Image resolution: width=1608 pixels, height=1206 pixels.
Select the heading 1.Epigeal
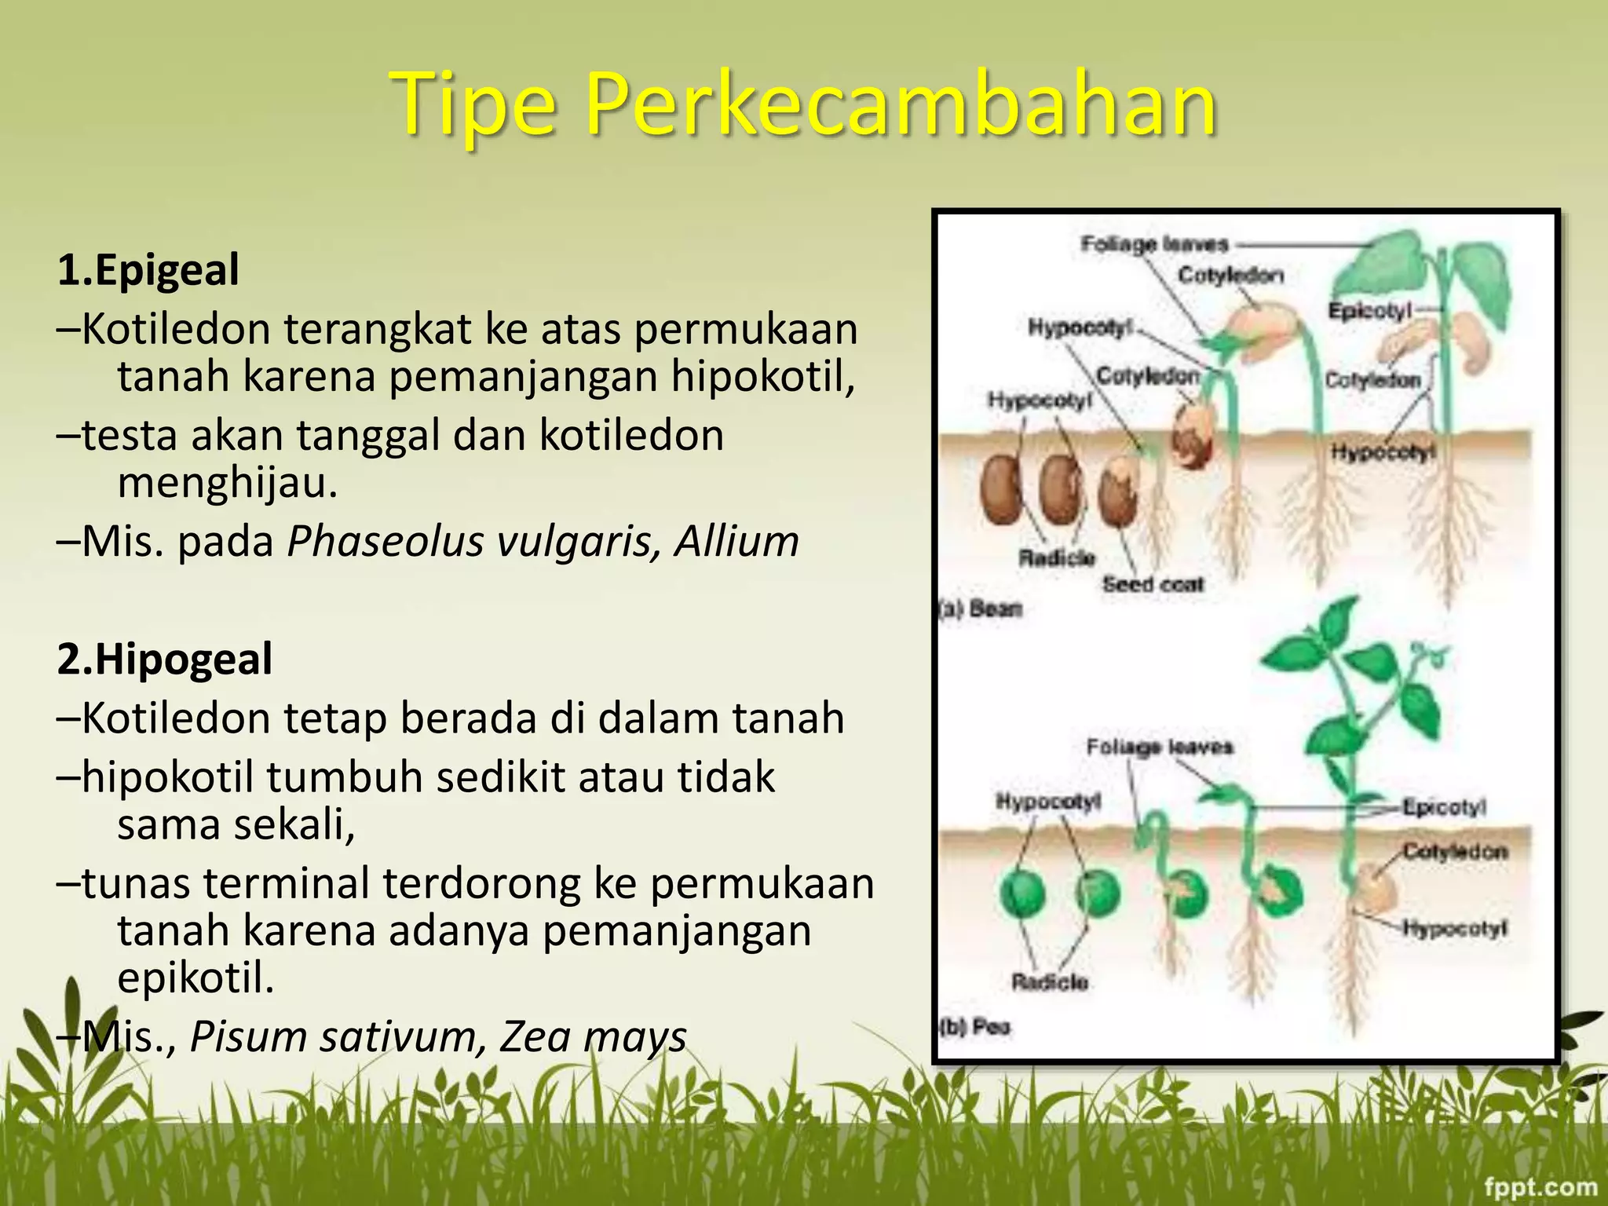148,270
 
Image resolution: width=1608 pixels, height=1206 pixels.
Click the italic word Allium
736,542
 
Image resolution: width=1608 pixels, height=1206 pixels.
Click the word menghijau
228,482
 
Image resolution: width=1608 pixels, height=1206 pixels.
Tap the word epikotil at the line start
196,978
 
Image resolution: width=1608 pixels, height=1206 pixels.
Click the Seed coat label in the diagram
1153,584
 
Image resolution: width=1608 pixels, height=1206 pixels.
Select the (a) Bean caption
981,608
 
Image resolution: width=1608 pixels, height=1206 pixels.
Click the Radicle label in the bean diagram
1056,557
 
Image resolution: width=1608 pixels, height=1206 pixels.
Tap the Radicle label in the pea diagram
1050,982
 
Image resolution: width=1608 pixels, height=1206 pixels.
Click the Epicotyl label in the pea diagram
1444,807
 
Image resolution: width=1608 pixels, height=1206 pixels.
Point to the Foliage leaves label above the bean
1153,244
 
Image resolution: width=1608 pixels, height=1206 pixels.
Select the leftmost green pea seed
1022,894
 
